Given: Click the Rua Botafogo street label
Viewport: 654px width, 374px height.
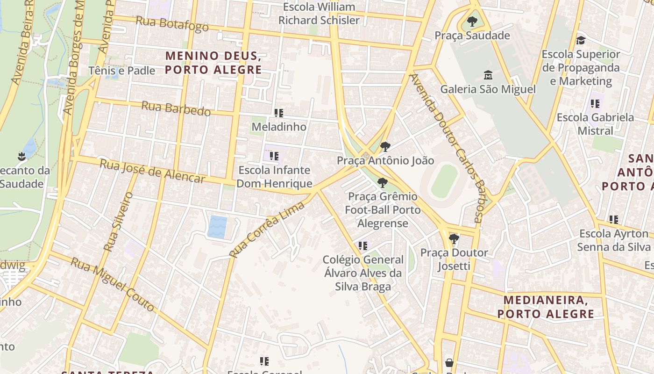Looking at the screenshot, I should pyautogui.click(x=172, y=23).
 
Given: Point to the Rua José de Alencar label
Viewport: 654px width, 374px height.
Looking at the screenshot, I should pyautogui.click(x=152, y=171).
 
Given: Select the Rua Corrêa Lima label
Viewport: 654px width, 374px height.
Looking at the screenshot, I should pyautogui.click(x=267, y=229).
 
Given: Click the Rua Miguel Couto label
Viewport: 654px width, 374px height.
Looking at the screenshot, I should pyautogui.click(x=112, y=284).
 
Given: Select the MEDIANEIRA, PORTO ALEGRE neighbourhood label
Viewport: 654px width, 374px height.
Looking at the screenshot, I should pyautogui.click(x=546, y=307).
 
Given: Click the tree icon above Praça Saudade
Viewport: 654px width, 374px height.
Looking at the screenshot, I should pyautogui.click(x=472, y=22).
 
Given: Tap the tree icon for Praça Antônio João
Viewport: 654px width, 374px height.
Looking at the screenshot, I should pyautogui.click(x=385, y=147).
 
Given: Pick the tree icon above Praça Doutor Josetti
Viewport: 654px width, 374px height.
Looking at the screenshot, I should pyautogui.click(x=454, y=239).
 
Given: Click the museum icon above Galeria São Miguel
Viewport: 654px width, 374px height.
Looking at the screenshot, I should pyautogui.click(x=488, y=75).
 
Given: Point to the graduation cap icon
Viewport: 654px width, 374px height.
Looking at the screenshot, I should pyautogui.click(x=581, y=40).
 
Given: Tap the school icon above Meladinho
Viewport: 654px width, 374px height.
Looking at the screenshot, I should pyautogui.click(x=279, y=113).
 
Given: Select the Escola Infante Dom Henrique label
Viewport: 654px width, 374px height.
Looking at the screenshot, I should pyautogui.click(x=274, y=177).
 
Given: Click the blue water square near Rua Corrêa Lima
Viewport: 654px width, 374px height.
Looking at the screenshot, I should pyautogui.click(x=217, y=227).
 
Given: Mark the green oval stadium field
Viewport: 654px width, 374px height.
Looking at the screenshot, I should pyautogui.click(x=444, y=181).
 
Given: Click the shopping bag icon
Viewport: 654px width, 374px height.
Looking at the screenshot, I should pyautogui.click(x=449, y=362).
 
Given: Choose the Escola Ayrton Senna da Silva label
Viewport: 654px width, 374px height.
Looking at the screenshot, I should pyautogui.click(x=614, y=240).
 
